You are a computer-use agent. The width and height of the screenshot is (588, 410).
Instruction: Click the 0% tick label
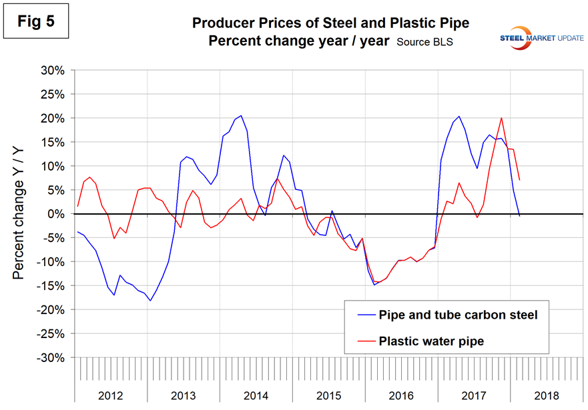pyautogui.click(x=55, y=214)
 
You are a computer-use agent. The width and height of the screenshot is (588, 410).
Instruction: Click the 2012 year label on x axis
pyautogui.click(x=111, y=393)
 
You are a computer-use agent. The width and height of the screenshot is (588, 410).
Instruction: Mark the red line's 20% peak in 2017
pyautogui.click(x=501, y=118)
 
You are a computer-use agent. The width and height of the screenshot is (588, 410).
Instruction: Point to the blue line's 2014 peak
pyautogui.click(x=241, y=115)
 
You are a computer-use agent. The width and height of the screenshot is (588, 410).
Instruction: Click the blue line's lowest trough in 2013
pyautogui.click(x=150, y=301)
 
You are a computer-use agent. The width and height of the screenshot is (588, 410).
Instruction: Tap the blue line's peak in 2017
pyautogui.click(x=459, y=117)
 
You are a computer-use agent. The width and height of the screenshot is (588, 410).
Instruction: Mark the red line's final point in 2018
pyautogui.click(x=519, y=180)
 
